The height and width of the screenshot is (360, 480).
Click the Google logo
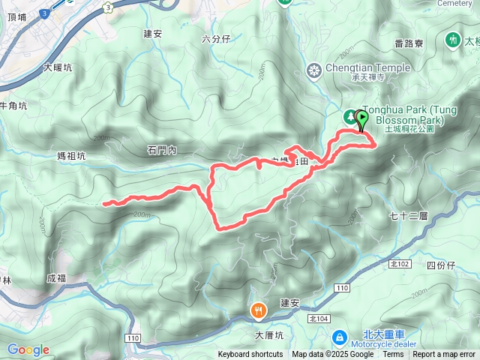pos(28,349)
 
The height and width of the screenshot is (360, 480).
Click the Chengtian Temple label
pos(368,68)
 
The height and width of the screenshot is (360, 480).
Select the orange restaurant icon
pos(259,310)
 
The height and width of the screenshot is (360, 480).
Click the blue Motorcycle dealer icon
pos(338,339)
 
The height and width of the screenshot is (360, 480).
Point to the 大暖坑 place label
pos(58,67)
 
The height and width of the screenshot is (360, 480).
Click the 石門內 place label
pos(161,151)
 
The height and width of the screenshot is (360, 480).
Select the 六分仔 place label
pos(216,38)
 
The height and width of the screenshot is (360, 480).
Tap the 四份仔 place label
pos(440,265)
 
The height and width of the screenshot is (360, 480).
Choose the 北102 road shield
pos(400,265)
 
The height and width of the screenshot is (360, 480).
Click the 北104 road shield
pos(319,319)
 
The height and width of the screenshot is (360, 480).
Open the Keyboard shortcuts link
pos(250,355)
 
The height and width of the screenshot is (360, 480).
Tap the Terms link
pos(393,355)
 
